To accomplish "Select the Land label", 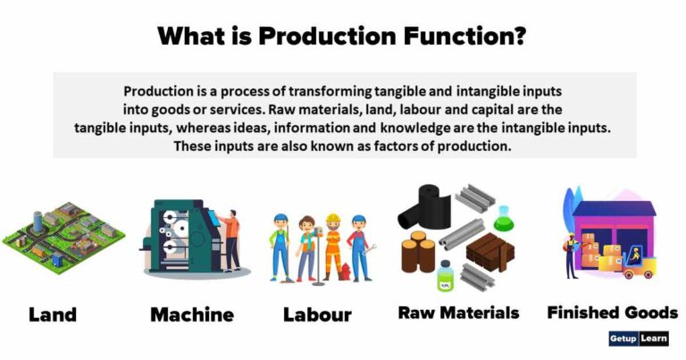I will point(53,314).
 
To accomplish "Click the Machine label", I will point(192,314).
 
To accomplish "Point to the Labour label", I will point(317,314).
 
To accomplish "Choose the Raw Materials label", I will point(458,313).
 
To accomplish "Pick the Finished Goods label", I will point(612,313).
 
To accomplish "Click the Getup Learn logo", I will point(637,339).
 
